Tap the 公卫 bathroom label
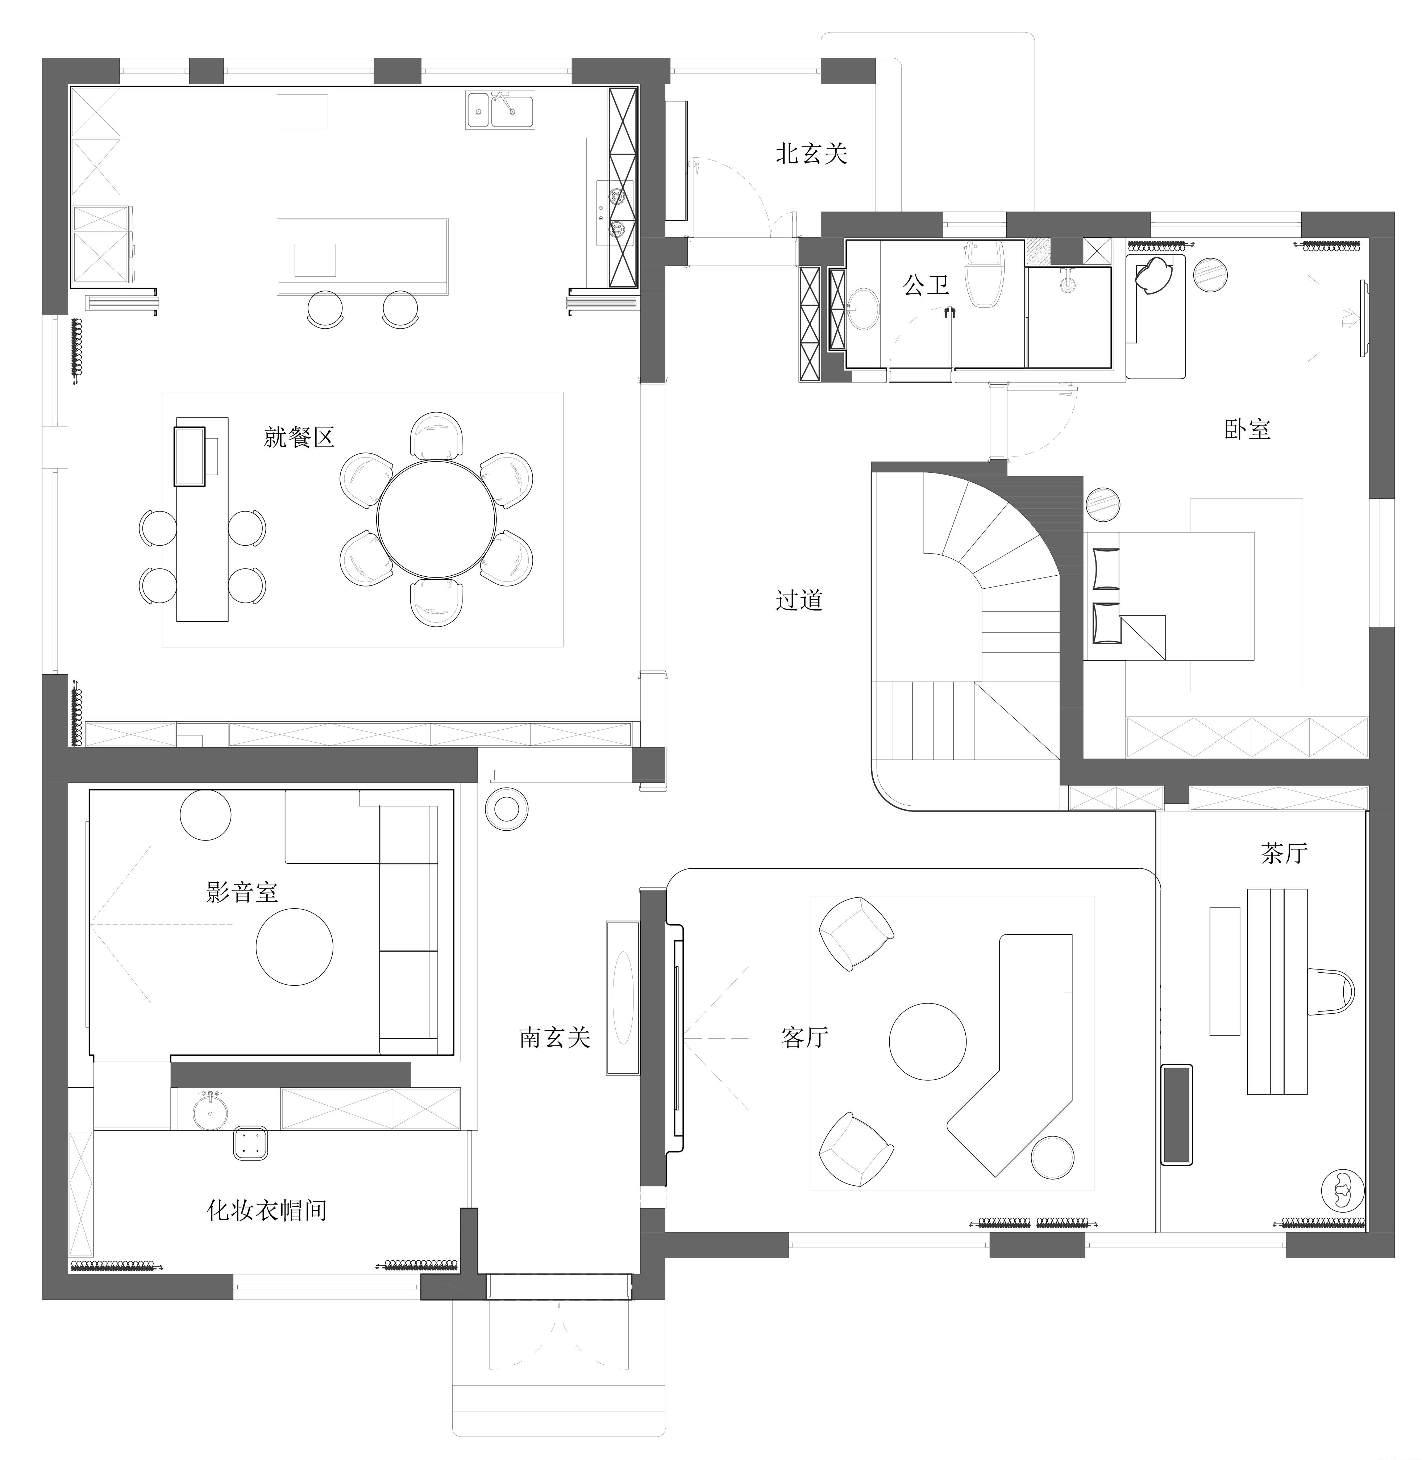tap(926, 284)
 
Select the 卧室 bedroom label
tap(1247, 429)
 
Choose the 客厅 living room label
tap(805, 1036)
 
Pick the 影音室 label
tap(242, 892)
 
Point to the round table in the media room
tap(294, 947)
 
